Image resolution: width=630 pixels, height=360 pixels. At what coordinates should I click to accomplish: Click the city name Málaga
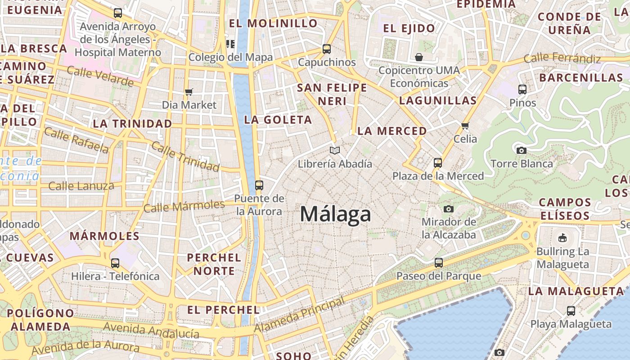(335, 214)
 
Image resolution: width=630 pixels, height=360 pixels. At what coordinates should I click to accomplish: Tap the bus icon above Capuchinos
(327, 49)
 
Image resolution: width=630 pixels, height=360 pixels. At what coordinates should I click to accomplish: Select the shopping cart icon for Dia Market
(189, 92)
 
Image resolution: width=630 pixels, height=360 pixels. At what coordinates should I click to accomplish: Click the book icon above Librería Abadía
(334, 150)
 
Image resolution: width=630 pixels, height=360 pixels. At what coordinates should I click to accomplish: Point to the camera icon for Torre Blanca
(522, 150)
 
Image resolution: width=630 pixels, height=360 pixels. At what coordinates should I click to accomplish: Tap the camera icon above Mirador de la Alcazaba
(448, 209)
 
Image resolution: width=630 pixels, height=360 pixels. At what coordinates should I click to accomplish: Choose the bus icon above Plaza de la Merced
(438, 162)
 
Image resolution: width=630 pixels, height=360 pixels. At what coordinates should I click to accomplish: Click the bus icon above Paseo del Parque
(439, 262)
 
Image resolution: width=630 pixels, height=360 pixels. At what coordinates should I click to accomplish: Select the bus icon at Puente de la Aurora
(259, 185)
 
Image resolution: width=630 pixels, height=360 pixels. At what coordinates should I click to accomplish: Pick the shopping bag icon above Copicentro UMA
(419, 57)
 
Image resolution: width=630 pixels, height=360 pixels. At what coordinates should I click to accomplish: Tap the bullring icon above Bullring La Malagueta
(562, 238)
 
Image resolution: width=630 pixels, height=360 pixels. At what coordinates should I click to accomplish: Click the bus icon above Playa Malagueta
(571, 310)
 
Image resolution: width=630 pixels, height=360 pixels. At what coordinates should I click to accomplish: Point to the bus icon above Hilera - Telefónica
(115, 263)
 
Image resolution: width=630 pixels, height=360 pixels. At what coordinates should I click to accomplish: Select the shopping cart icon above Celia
(465, 126)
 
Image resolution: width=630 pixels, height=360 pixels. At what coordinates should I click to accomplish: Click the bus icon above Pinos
(522, 89)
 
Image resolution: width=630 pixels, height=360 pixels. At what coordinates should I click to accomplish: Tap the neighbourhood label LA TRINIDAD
(132, 123)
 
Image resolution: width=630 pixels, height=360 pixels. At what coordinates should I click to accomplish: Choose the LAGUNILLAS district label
(437, 100)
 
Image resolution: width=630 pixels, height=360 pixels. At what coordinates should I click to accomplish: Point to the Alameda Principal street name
(299, 315)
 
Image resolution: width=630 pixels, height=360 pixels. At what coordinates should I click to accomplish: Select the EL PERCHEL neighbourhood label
(223, 310)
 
